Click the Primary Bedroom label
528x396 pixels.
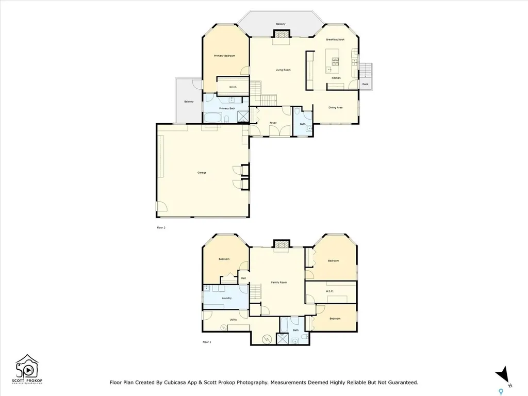pyautogui.click(x=225, y=56)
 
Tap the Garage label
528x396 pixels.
pyautogui.click(x=202, y=172)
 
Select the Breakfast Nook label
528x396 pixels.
pyautogui.click(x=335, y=40)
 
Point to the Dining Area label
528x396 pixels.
pyautogui.click(x=336, y=107)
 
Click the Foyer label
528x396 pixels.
pyautogui.click(x=273, y=123)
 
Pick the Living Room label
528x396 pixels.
pyautogui.click(x=283, y=70)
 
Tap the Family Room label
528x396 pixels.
pyautogui.click(x=279, y=283)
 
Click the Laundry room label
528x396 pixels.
pyautogui.click(x=226, y=298)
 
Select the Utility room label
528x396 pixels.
pyautogui.click(x=233, y=320)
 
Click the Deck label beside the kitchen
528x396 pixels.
pyautogui.click(x=365, y=84)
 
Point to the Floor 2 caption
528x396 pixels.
pyautogui.click(x=161, y=227)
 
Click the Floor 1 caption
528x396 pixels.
pyautogui.click(x=207, y=342)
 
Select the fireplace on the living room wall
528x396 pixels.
pyautogui.click(x=281, y=35)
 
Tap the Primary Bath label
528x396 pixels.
pyautogui.click(x=227, y=108)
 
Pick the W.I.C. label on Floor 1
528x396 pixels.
pyautogui.click(x=330, y=291)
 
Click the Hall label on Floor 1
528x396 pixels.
pyautogui.click(x=243, y=278)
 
